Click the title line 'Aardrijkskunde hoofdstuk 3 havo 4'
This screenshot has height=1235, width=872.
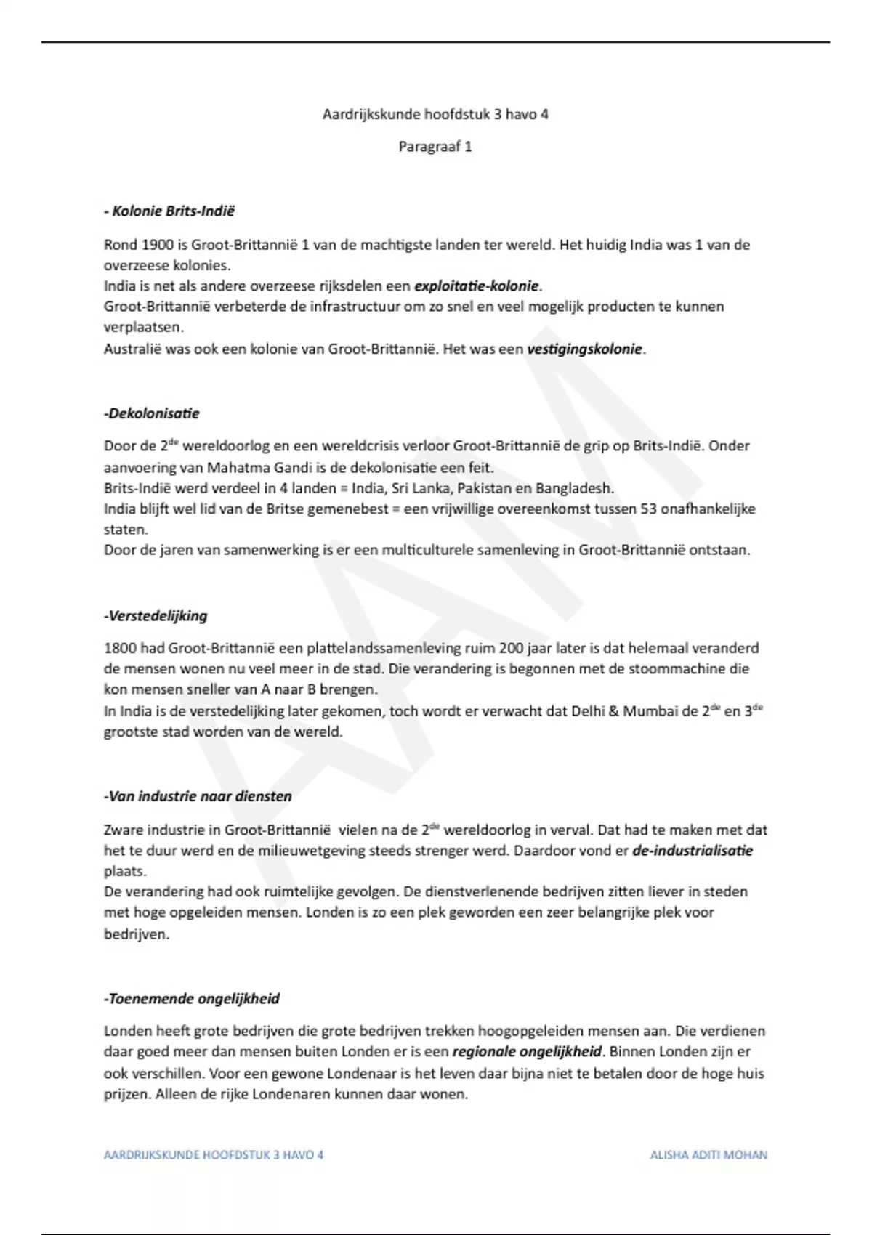pos(435,114)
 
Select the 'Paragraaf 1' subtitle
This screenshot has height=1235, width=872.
pos(435,147)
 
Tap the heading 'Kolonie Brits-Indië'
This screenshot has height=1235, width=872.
pos(173,211)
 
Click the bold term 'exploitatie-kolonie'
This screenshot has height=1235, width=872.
pos(477,286)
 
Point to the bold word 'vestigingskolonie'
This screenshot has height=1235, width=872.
pos(585,349)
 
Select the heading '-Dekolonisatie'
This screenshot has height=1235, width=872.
pos(151,413)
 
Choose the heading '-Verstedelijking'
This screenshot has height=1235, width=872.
pos(156,616)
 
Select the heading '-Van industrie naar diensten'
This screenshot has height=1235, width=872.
pos(198,796)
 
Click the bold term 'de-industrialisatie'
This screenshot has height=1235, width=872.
pos(693,850)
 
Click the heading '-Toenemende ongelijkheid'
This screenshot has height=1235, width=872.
pos(192,999)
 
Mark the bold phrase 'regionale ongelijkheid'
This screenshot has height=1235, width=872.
pos(527,1051)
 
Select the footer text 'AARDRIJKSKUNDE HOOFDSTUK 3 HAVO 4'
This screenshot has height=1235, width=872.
pos(214,1154)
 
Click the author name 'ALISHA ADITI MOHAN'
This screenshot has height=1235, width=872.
pos(708,1154)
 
